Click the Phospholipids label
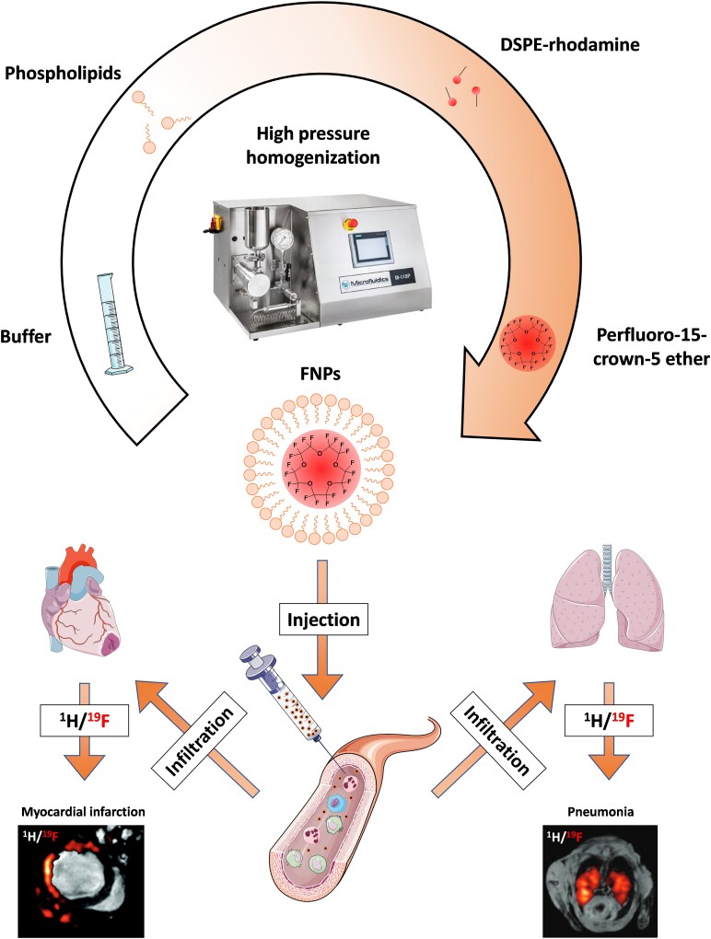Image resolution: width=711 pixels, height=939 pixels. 63,74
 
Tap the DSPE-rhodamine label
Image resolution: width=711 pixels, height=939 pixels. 570,44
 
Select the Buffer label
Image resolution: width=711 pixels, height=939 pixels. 26,336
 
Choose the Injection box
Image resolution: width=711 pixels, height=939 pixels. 324,620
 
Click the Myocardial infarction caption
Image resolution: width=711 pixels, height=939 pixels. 83,812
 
